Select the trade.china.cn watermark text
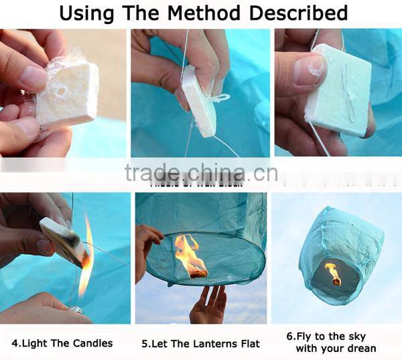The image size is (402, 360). coord(201,173)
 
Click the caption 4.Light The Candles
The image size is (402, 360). coord(62,343)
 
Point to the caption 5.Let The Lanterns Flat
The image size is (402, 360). coord(200,343)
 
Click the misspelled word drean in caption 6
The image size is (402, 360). coord(361,349)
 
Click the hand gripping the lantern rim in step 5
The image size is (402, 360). coord(147,241)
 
